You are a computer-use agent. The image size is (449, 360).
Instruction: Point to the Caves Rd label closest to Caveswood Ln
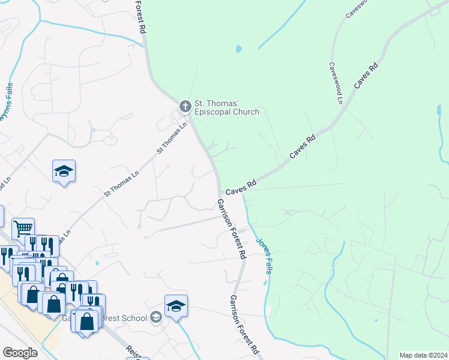coord(365,76)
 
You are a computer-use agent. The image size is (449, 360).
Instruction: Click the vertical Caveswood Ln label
coord(335,83)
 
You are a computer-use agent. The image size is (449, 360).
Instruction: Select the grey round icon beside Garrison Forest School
coord(156,317)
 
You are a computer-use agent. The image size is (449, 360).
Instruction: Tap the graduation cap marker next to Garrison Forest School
coord(176,306)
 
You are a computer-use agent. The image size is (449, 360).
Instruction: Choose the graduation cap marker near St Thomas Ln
coord(64,172)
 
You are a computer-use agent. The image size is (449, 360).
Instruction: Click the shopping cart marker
coord(23,229)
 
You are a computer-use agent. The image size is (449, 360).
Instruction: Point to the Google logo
coord(20,352)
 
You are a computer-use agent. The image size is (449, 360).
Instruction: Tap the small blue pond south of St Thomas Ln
coord(97,263)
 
